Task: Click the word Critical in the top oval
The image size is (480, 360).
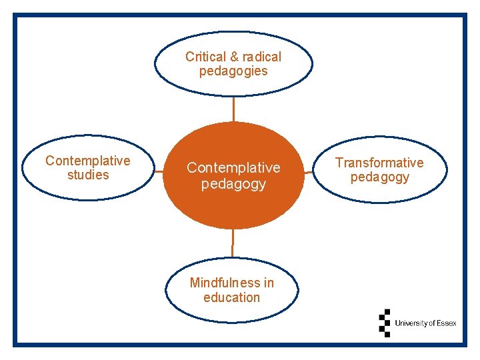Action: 204,57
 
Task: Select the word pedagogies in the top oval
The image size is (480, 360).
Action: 233,71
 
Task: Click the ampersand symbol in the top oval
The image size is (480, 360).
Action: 233,57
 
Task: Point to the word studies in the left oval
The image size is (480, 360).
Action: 88,175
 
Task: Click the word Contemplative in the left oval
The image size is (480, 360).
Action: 88,161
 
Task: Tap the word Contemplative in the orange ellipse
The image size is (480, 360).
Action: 233,167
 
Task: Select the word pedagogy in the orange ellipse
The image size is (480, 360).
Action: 233,183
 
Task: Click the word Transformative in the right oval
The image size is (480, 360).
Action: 379,163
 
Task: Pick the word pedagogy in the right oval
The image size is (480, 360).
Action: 379,177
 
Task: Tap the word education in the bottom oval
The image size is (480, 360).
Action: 231,297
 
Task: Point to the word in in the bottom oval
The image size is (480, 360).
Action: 269,283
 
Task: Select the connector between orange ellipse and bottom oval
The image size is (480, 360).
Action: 233,243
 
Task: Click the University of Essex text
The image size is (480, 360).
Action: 425,323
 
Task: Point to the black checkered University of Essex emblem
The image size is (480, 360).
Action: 384,323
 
